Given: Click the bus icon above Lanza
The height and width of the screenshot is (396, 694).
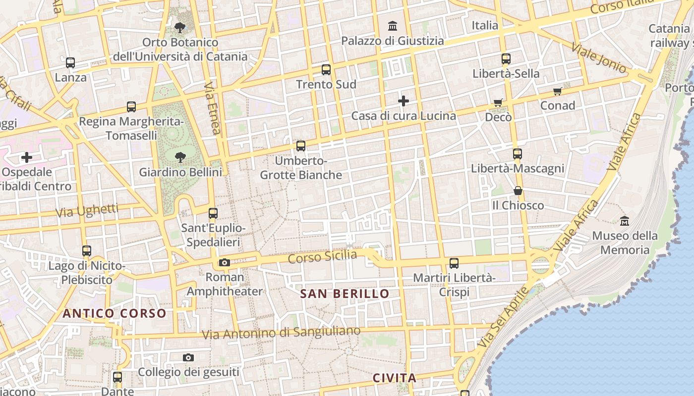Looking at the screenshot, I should [x=70, y=63].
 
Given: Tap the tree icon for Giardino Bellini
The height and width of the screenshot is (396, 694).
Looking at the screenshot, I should [x=180, y=157].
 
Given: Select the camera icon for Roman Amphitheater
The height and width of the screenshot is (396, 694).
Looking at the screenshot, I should [x=225, y=262].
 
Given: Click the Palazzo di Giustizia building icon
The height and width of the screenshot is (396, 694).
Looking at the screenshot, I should [x=393, y=25].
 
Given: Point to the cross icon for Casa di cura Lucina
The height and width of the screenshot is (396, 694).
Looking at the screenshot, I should [x=404, y=101].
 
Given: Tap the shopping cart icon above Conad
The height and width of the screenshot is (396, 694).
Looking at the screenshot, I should [x=558, y=91].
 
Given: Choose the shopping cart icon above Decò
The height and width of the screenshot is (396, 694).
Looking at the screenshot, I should [x=498, y=102].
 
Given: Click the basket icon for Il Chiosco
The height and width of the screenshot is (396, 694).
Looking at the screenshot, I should [x=518, y=191].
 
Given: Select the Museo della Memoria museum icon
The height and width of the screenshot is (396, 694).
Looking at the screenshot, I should [x=625, y=221].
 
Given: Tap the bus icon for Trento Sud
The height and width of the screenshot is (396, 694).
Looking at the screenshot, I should [x=326, y=70].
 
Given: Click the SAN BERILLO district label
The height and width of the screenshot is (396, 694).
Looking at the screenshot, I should [x=345, y=294].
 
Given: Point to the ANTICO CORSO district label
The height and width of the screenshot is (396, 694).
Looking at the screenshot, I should [x=115, y=313].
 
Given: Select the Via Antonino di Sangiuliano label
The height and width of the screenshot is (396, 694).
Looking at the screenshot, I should [x=281, y=333].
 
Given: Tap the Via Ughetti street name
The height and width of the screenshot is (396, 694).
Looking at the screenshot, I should [x=87, y=210].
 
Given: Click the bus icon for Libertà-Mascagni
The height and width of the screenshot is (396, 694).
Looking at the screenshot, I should [x=518, y=154].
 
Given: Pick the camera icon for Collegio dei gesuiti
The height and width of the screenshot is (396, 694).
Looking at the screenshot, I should [x=188, y=357].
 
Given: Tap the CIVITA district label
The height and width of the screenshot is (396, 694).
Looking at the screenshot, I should [x=395, y=378].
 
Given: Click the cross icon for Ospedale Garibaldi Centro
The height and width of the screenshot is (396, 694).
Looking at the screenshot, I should [x=27, y=158].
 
